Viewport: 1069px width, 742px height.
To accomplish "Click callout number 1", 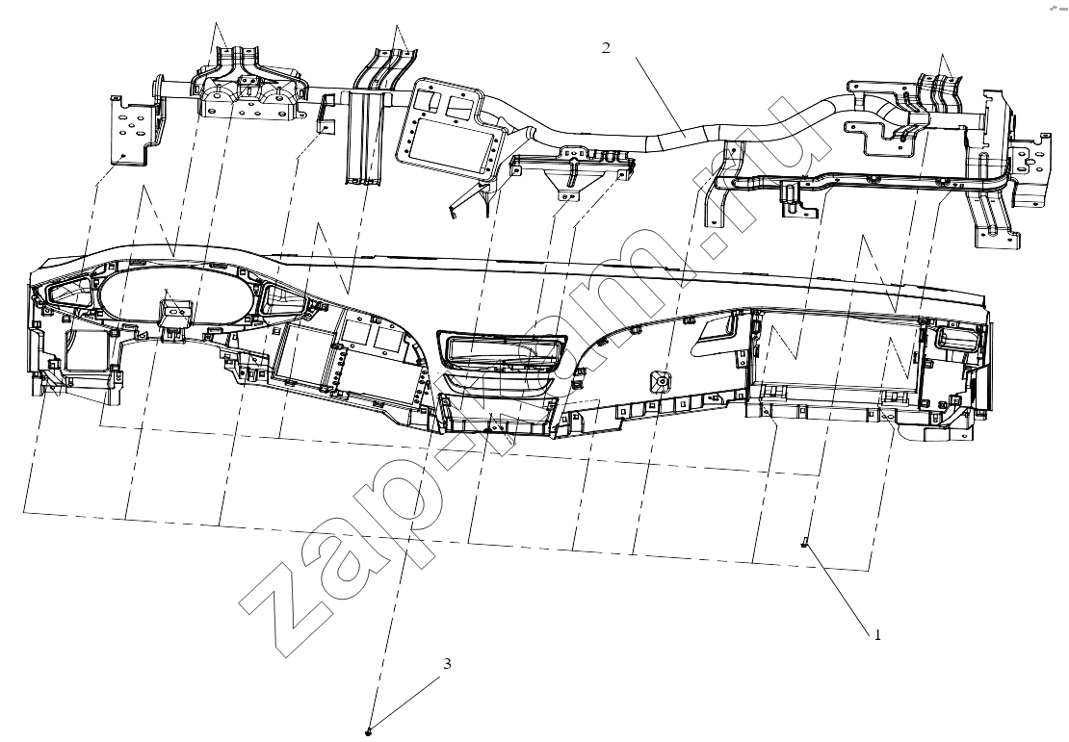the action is coord(877,635).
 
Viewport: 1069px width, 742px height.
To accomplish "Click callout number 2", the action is coord(606,48).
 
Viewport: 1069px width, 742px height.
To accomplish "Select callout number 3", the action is coord(447,663).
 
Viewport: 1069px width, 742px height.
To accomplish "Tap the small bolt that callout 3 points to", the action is coord(369,731).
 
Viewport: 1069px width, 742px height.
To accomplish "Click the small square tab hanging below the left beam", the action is coord(327,126).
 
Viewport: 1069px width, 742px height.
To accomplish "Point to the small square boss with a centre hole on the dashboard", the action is coord(661,382).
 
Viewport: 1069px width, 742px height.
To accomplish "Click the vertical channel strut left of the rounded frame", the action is coord(368,137).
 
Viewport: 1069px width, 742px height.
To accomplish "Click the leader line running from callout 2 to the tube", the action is coord(661,98).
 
